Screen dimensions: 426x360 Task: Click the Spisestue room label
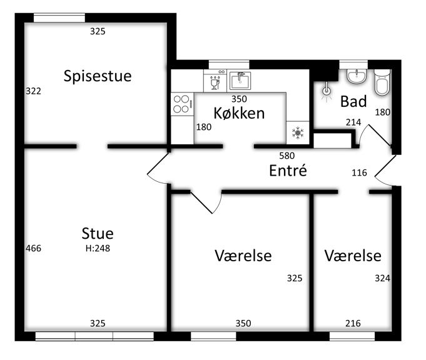click(98, 76)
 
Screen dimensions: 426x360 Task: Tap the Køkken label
click(239, 113)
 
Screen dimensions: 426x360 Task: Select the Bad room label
click(353, 101)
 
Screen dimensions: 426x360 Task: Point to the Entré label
click(288, 170)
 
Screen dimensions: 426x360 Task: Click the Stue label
click(98, 234)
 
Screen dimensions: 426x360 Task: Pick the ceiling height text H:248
click(98, 248)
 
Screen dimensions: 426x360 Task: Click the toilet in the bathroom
click(382, 82)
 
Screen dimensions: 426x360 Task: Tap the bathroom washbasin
click(357, 76)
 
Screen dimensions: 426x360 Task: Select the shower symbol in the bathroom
click(327, 91)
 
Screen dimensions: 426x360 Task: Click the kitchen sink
click(240, 81)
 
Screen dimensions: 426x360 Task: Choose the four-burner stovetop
click(182, 104)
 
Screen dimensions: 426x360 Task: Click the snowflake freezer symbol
click(298, 133)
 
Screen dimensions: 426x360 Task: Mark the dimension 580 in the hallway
click(287, 156)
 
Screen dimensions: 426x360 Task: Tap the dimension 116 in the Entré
click(359, 172)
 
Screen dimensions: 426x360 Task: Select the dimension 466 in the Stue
click(33, 248)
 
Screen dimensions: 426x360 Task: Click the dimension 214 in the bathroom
click(353, 122)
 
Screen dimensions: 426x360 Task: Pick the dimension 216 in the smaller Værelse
click(353, 323)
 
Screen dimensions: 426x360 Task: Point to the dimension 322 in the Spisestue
click(33, 91)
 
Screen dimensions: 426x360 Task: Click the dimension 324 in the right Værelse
click(383, 278)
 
